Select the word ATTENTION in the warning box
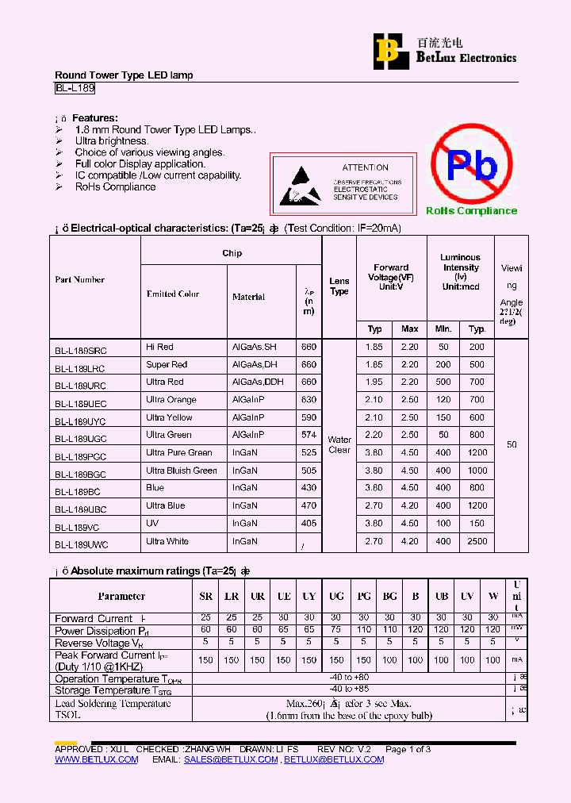[365, 167]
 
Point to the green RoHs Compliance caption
[471, 211]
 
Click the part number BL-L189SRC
[81, 350]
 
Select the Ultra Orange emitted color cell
[171, 400]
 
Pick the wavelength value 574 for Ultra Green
[308, 435]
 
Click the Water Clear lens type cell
[339, 444]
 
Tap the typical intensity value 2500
[477, 541]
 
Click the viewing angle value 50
[512, 444]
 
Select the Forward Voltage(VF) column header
[391, 277]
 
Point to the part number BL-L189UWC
[82, 545]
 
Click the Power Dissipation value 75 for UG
[336, 630]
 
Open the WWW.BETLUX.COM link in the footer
[96, 759]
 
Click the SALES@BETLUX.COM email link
[231, 759]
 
